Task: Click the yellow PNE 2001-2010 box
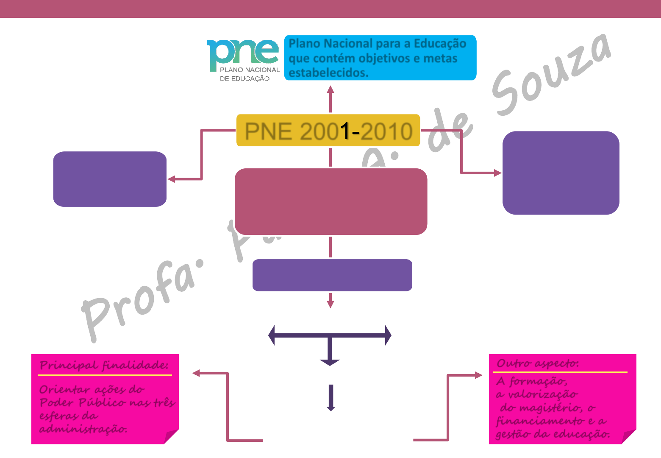tap(328, 131)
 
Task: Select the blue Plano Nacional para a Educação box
tap(380, 58)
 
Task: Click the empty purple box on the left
tap(110, 179)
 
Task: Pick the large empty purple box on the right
tap(561, 173)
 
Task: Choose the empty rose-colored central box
tap(330, 201)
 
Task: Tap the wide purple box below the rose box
tap(332, 275)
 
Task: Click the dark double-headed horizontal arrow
tap(330, 335)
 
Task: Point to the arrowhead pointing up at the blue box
tap(330, 89)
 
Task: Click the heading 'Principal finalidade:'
tap(104, 365)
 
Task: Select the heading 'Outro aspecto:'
tap(537, 363)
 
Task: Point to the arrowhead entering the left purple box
tap(172, 179)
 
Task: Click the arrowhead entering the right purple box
tap(497, 173)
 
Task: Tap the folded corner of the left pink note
tap(171, 437)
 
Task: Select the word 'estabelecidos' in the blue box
tap(328, 73)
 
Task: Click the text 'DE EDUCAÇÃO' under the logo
tap(244, 78)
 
